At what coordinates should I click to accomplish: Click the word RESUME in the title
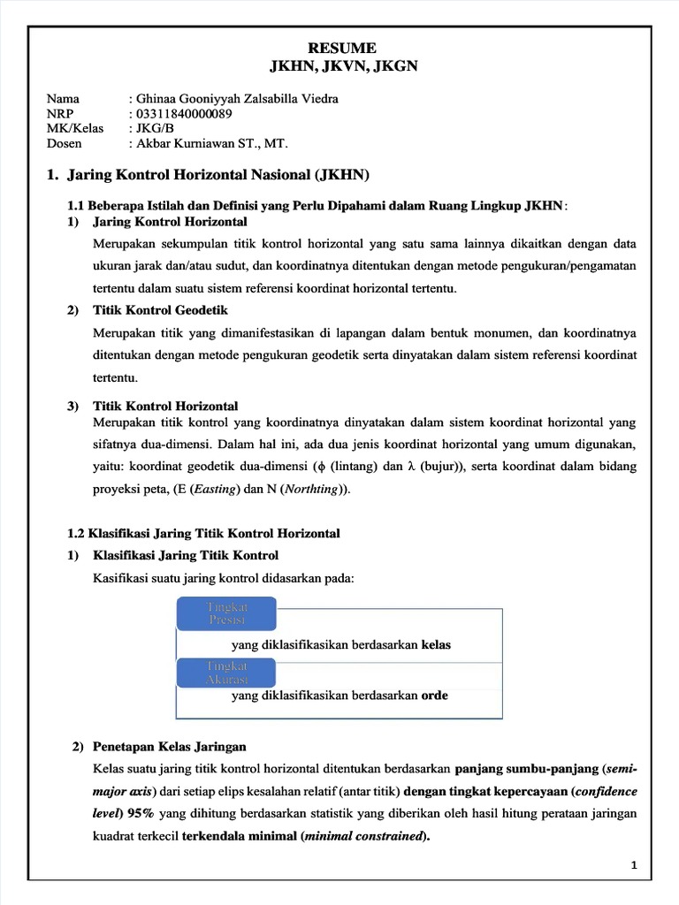[x=341, y=48]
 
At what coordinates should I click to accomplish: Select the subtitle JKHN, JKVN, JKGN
[x=342, y=65]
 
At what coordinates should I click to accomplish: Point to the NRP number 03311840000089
[x=184, y=113]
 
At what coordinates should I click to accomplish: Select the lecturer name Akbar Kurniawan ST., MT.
[x=212, y=143]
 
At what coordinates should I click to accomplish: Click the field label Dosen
[x=64, y=143]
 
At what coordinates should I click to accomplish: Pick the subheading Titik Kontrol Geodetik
[x=160, y=310]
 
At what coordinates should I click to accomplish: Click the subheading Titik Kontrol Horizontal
[x=165, y=406]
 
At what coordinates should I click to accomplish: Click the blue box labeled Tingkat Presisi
[x=226, y=612]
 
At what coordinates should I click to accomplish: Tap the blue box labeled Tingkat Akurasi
[x=226, y=672]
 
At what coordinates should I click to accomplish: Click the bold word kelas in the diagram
[x=436, y=644]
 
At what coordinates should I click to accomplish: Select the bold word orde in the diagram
[x=434, y=696]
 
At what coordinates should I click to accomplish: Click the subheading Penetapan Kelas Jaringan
[x=169, y=747]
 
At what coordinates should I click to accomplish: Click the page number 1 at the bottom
[x=634, y=865]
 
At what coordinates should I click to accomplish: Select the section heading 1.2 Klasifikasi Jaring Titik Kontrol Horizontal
[x=203, y=534]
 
